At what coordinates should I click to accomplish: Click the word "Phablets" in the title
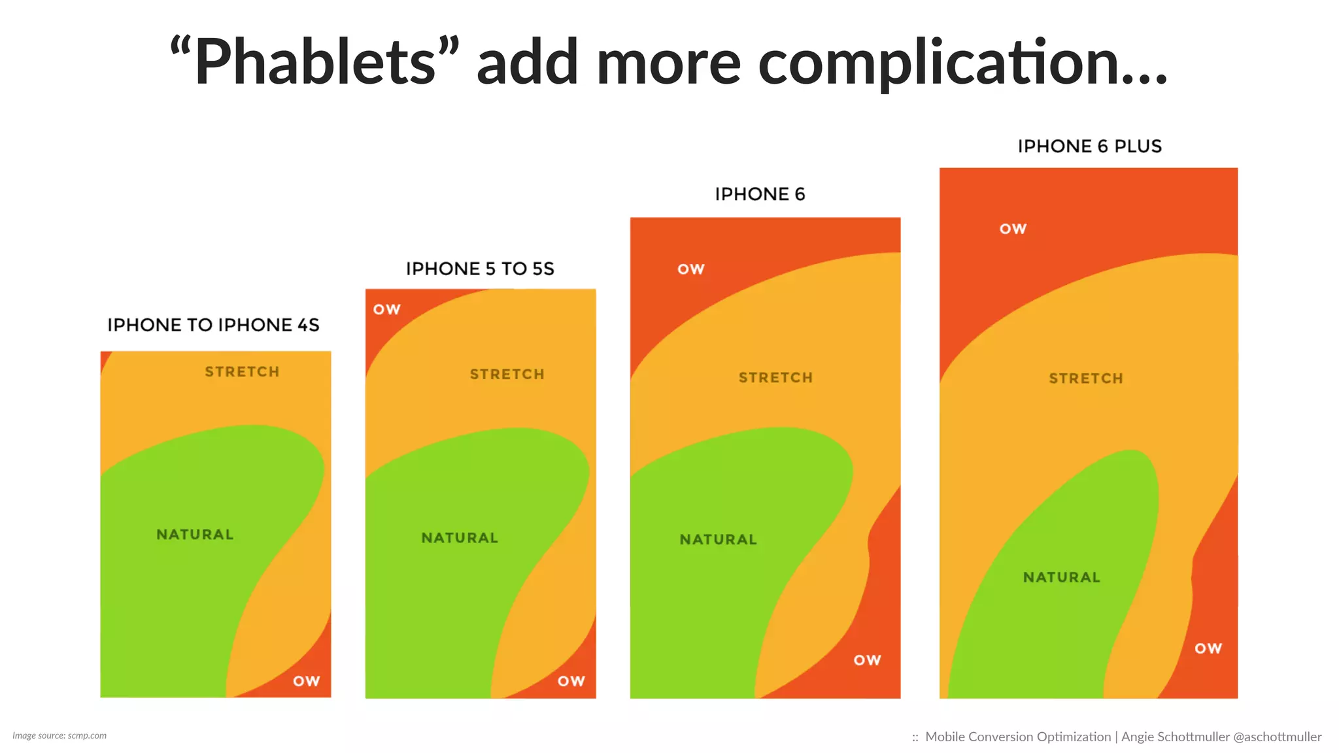pyautogui.click(x=314, y=62)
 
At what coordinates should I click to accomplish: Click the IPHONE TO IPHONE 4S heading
pyautogui.click(x=213, y=325)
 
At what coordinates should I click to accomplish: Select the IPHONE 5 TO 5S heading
pyautogui.click(x=480, y=269)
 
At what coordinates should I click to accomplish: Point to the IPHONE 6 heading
pyautogui.click(x=760, y=194)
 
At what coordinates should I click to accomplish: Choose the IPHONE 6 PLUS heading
pyautogui.click(x=1089, y=146)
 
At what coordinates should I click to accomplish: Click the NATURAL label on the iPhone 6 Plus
pyautogui.click(x=1062, y=577)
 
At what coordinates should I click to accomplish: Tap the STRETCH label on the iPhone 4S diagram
pyautogui.click(x=242, y=372)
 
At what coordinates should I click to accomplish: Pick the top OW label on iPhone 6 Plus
pyautogui.click(x=1013, y=229)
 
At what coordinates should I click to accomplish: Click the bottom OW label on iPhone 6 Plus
pyautogui.click(x=1208, y=648)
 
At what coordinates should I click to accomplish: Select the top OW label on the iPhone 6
pyautogui.click(x=690, y=269)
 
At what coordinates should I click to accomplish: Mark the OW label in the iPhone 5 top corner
pyautogui.click(x=386, y=309)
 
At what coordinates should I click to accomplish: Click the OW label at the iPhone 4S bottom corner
pyautogui.click(x=306, y=681)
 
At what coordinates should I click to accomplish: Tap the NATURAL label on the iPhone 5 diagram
pyautogui.click(x=460, y=538)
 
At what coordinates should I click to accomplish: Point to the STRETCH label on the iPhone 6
pyautogui.click(x=775, y=378)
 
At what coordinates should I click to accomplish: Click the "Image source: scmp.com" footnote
pyautogui.click(x=59, y=735)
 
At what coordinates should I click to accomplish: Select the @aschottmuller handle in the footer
pyautogui.click(x=1277, y=737)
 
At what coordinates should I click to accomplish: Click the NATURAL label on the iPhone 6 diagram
pyautogui.click(x=718, y=540)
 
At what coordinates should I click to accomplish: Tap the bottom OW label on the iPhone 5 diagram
pyautogui.click(x=571, y=681)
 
